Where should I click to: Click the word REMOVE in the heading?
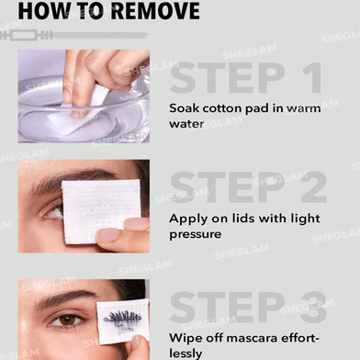click(155, 11)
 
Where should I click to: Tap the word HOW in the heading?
click(39, 11)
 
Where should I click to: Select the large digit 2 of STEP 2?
click(314, 187)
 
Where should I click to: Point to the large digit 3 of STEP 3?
click(313, 307)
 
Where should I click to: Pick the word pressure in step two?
click(196, 235)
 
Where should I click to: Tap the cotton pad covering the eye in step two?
click(101, 211)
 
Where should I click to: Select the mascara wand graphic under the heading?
click(74, 35)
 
